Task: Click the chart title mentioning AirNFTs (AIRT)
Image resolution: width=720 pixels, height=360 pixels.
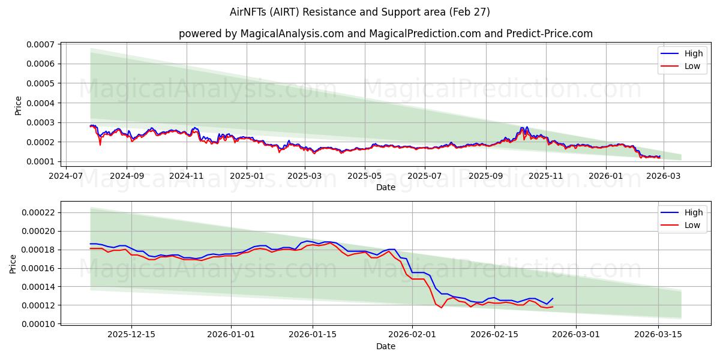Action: coord(360,12)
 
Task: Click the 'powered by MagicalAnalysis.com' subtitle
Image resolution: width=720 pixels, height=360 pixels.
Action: coord(385,34)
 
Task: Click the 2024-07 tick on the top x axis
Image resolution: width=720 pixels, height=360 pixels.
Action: coord(66,176)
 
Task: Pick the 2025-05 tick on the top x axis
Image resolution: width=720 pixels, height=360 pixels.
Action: coord(365,176)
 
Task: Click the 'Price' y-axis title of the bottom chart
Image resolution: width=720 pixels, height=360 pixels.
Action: coord(13,264)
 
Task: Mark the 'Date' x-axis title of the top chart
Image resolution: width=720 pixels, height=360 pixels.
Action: coord(385,187)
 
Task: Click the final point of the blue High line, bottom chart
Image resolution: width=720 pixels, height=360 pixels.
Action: coord(553,298)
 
